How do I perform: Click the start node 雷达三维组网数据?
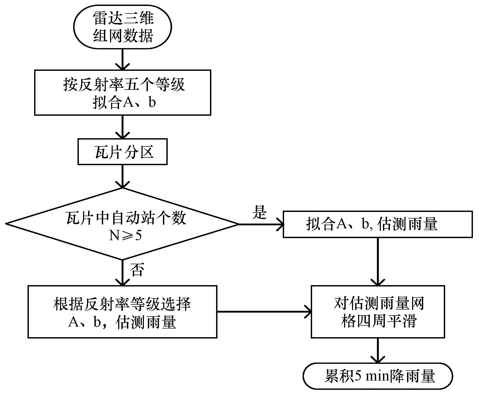[x=123, y=27]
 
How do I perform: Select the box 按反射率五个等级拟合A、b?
[x=123, y=92]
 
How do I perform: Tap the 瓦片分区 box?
[x=122, y=152]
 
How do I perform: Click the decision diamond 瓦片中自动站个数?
[x=122, y=224]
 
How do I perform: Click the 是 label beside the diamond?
[x=260, y=212]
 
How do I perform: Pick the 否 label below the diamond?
[x=137, y=270]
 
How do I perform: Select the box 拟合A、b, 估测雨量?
[x=378, y=224]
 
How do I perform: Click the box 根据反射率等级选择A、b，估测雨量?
[x=122, y=312]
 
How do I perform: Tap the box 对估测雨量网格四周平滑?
[x=378, y=312]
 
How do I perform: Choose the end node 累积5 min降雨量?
[x=378, y=376]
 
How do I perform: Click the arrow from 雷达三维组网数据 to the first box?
[x=122, y=59]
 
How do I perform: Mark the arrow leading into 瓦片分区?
[x=122, y=127]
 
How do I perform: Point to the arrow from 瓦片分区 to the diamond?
[x=122, y=177]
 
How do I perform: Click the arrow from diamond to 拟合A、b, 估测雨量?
[x=261, y=224]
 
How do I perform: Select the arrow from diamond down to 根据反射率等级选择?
[x=122, y=273]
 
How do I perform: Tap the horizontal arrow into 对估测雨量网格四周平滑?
[x=264, y=312]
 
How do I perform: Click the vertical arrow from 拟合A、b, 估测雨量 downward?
[x=378, y=262]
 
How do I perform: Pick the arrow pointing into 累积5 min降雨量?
[x=378, y=350]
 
